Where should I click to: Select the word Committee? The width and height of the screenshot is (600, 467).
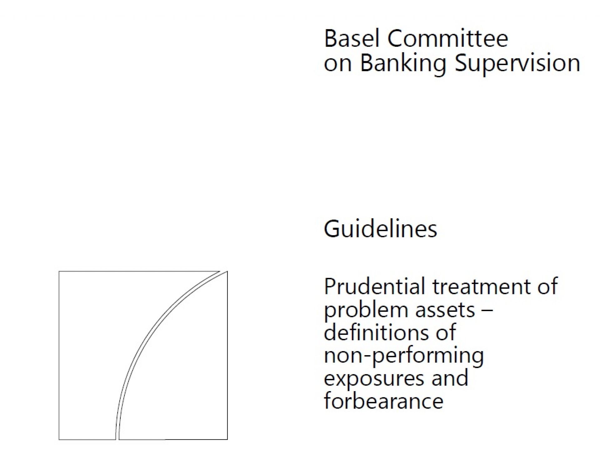pos(448,38)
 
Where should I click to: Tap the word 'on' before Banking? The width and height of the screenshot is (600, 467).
pos(338,63)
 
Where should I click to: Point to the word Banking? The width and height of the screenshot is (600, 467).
pos(403,64)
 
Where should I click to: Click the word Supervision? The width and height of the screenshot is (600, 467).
pos(517,64)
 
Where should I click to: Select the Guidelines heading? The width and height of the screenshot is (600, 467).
pos(380,229)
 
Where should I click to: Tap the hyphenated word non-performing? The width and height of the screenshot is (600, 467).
pos(404,356)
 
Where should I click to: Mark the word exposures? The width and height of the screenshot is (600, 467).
pos(374,379)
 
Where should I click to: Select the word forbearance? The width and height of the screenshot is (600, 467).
pos(384,400)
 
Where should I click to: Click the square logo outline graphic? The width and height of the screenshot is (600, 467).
pos(59,355)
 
